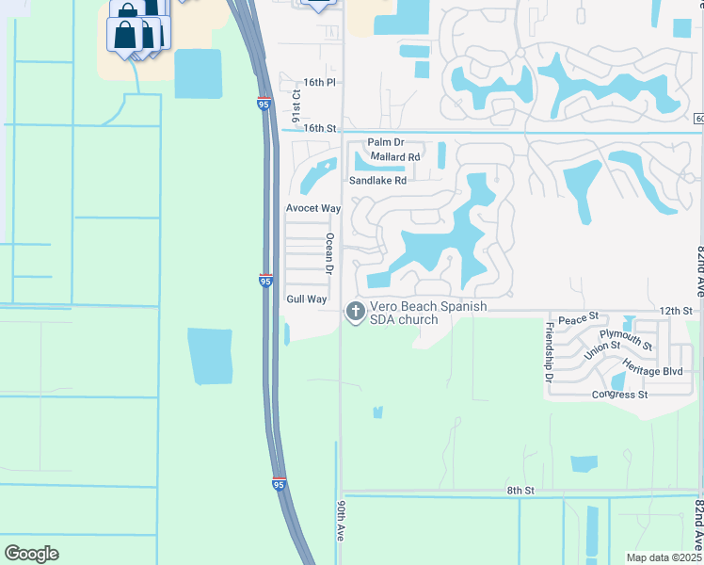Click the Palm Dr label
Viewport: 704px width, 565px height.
tap(385, 142)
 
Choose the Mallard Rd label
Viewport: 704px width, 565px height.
tap(395, 157)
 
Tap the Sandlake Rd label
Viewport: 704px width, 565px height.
tap(377, 180)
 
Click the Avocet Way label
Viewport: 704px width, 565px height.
tap(312, 208)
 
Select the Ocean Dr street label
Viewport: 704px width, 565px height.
tap(330, 254)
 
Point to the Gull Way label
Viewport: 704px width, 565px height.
tap(306, 299)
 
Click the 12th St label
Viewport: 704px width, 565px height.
tap(675, 310)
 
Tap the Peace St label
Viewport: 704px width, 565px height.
tap(579, 321)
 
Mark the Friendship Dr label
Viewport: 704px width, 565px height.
tap(550, 352)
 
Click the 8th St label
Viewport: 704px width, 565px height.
tap(520, 491)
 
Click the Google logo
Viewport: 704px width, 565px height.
tap(32, 554)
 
